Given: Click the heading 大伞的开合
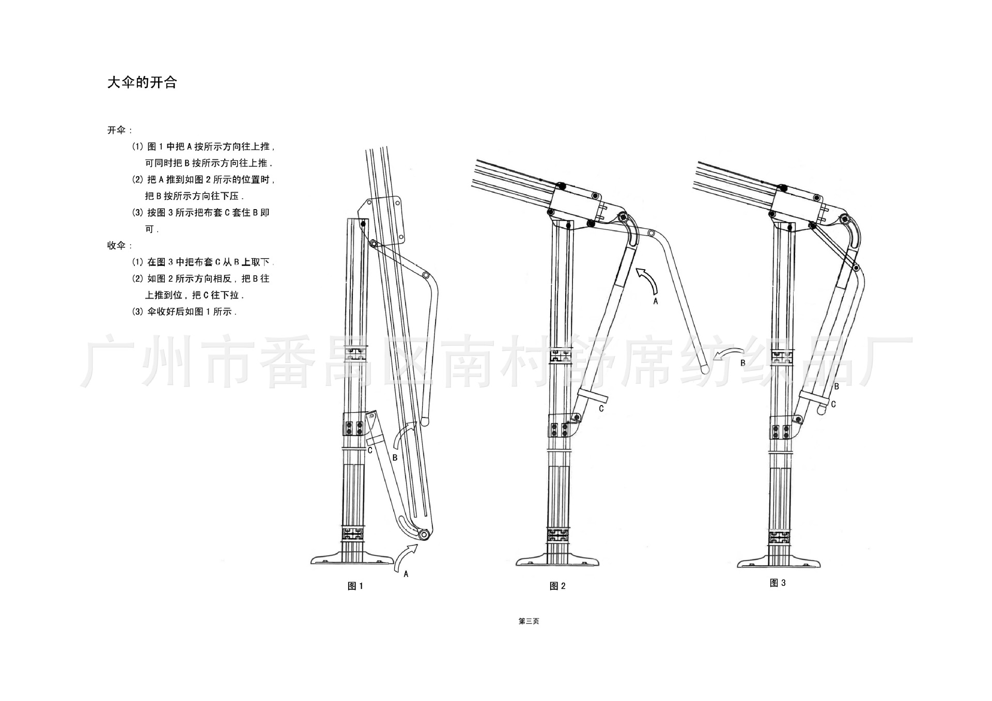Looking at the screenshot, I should click(142, 83).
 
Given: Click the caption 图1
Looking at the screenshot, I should click(355, 586).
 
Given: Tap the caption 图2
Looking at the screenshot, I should click(557, 586).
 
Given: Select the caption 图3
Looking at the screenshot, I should click(778, 583).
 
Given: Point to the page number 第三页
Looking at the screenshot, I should click(529, 621).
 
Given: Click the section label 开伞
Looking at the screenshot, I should click(118, 130).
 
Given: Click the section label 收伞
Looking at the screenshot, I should click(118, 245).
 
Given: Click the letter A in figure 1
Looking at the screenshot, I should click(406, 574).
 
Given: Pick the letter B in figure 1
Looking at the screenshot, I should click(395, 458).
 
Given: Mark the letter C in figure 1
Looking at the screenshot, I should click(370, 450).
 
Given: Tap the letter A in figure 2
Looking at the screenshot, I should click(656, 301).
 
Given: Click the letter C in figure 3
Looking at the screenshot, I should click(833, 404).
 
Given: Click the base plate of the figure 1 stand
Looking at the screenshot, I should click(353, 560).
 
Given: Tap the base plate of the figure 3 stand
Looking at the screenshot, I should click(779, 563).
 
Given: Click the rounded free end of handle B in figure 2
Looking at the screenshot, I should click(704, 369).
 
